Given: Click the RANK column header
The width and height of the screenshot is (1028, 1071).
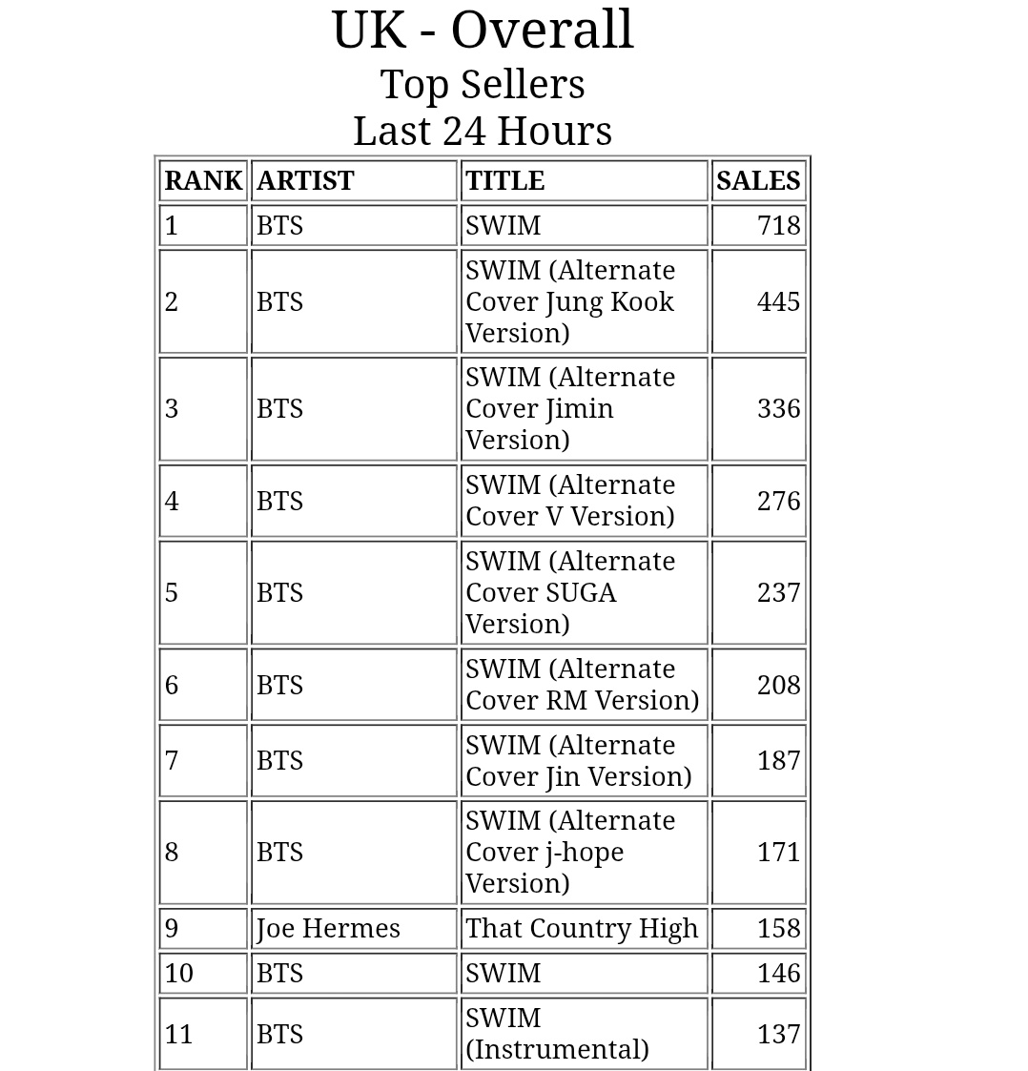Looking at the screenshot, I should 203,181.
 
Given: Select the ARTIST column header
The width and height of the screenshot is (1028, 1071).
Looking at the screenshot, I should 305,181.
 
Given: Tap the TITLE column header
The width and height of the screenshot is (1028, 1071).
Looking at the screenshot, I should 504,181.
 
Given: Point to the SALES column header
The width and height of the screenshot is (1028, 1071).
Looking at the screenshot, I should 758,181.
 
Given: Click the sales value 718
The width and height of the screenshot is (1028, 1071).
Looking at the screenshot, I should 778,226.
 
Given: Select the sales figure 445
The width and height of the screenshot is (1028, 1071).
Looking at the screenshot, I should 778,302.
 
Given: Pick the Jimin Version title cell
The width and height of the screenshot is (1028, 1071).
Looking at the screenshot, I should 570,409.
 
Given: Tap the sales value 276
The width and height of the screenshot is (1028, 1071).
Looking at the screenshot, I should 778,502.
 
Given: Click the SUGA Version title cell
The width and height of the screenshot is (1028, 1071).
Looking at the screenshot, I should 570,593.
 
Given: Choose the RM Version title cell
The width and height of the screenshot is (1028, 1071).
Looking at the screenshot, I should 582,685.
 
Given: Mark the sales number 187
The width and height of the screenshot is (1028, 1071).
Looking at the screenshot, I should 778,761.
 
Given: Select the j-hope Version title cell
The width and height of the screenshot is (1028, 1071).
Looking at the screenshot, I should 570,853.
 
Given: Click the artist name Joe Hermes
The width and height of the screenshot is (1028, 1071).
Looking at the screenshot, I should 328,929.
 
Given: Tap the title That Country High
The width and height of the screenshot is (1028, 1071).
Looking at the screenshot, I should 582,929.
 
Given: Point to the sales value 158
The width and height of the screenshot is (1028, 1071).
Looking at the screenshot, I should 778,929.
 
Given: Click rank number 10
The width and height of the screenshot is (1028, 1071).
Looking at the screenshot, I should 179,974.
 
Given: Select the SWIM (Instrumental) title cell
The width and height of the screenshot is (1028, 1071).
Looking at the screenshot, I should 557,1035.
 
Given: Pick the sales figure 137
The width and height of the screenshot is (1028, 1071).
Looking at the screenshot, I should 778,1035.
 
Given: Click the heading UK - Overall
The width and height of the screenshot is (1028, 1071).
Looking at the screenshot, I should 483,31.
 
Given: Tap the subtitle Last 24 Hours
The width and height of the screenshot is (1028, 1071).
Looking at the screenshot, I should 483,132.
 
